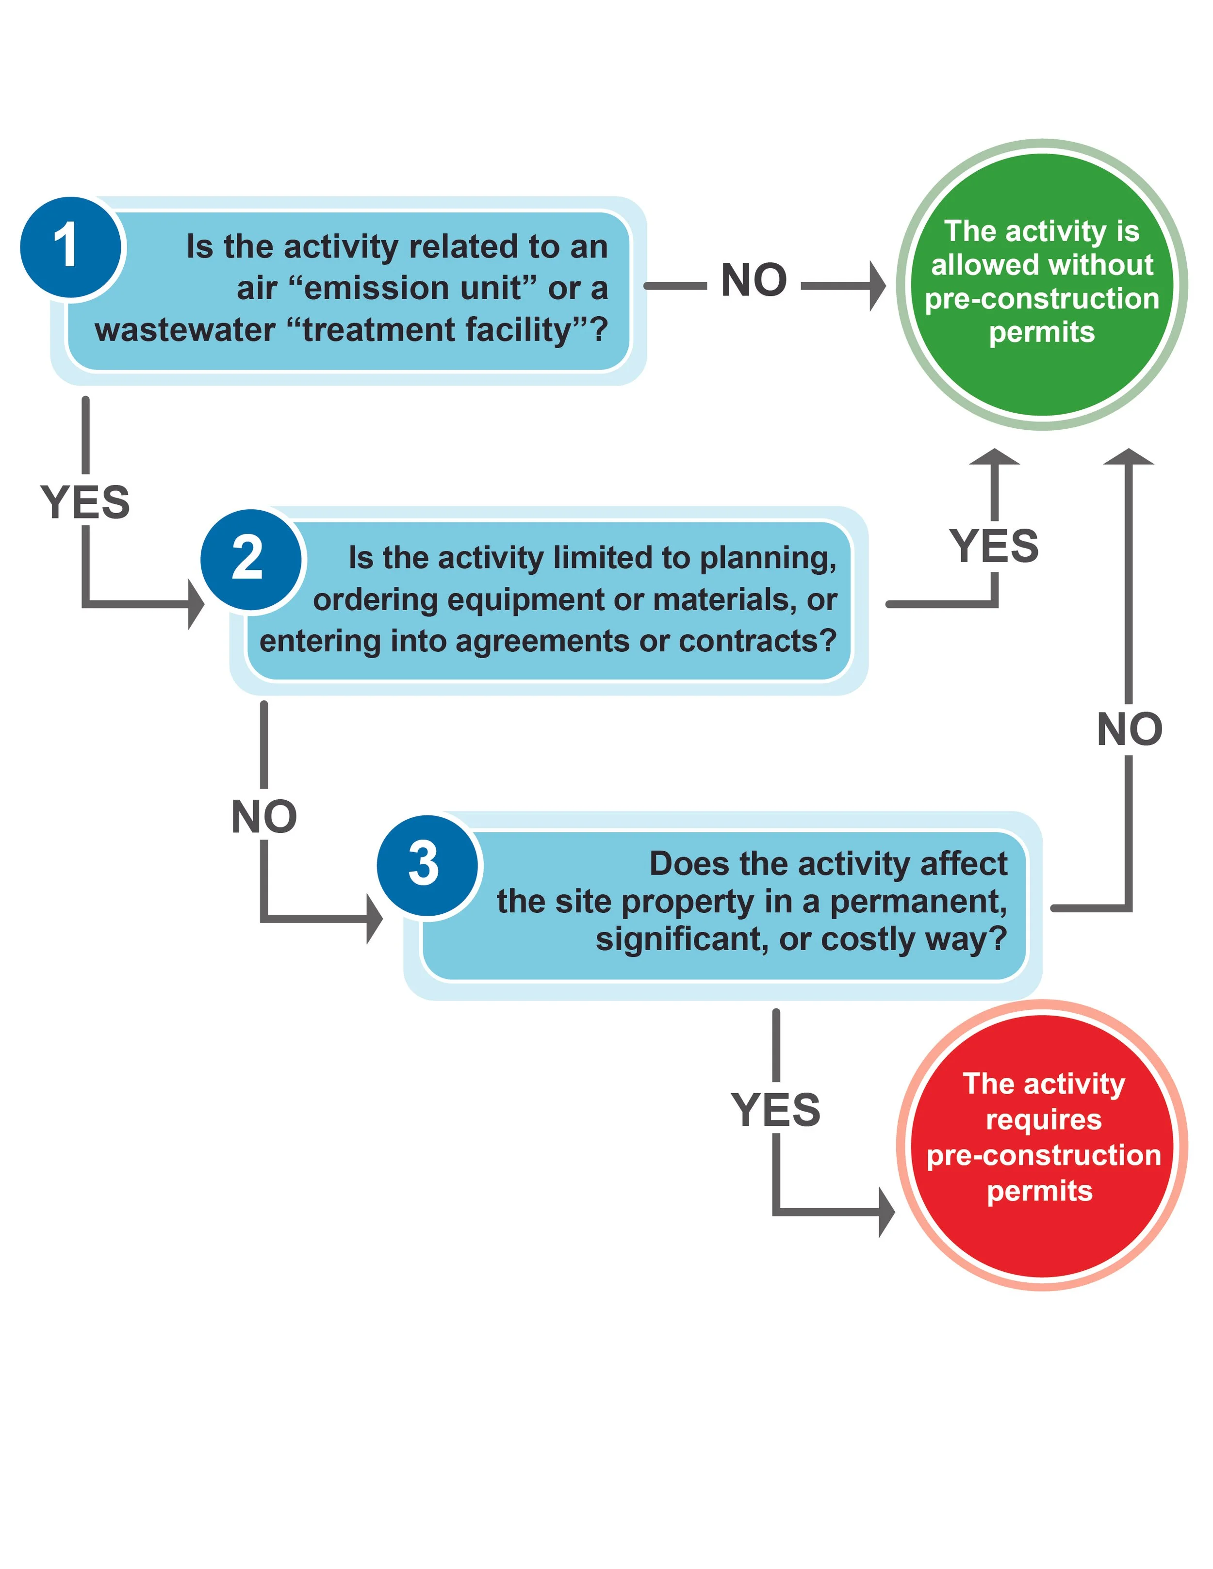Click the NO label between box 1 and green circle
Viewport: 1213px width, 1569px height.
click(x=753, y=280)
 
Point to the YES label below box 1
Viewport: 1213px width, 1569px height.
click(x=85, y=501)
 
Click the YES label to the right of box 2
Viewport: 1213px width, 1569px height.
click(x=994, y=546)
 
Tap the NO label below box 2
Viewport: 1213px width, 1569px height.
click(x=264, y=817)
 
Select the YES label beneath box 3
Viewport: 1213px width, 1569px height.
click(x=775, y=1110)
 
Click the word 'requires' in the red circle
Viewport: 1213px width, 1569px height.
click(x=1043, y=1119)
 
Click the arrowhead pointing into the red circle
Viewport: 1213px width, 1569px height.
click(x=887, y=1212)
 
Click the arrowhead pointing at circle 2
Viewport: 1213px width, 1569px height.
click(x=196, y=604)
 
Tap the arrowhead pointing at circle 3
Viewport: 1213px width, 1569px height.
click(x=375, y=919)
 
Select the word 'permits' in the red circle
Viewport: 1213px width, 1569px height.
click(x=1039, y=1191)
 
